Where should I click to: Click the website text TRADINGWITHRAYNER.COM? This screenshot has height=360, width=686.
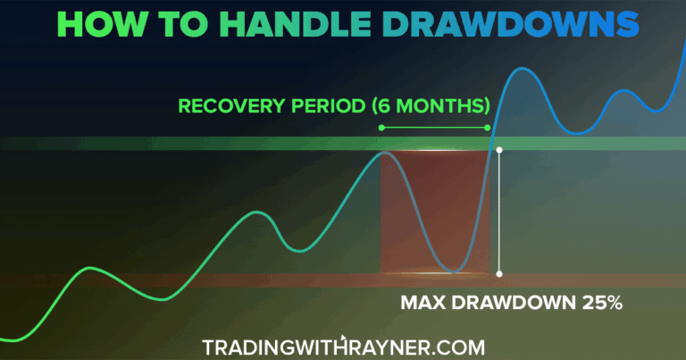(x=343, y=345)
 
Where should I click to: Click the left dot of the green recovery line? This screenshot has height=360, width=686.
(x=381, y=128)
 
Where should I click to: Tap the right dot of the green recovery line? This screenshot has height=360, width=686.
(x=488, y=128)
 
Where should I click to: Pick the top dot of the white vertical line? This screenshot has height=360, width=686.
(x=499, y=150)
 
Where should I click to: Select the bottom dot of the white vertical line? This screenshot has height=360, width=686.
(x=499, y=273)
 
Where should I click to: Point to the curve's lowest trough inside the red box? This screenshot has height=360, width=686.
(x=455, y=271)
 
